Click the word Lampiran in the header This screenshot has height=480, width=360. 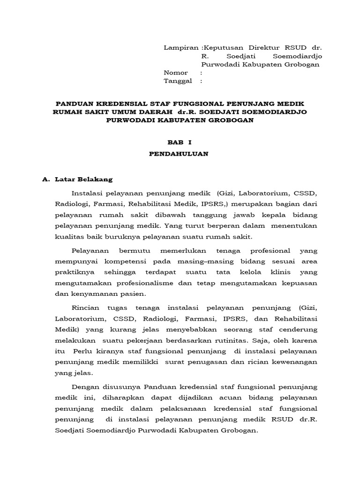(180, 48)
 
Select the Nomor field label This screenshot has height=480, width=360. (175, 73)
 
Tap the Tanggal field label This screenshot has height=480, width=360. (178, 81)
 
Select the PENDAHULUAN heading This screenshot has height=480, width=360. (180, 153)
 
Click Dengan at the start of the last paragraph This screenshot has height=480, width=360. (86, 387)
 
